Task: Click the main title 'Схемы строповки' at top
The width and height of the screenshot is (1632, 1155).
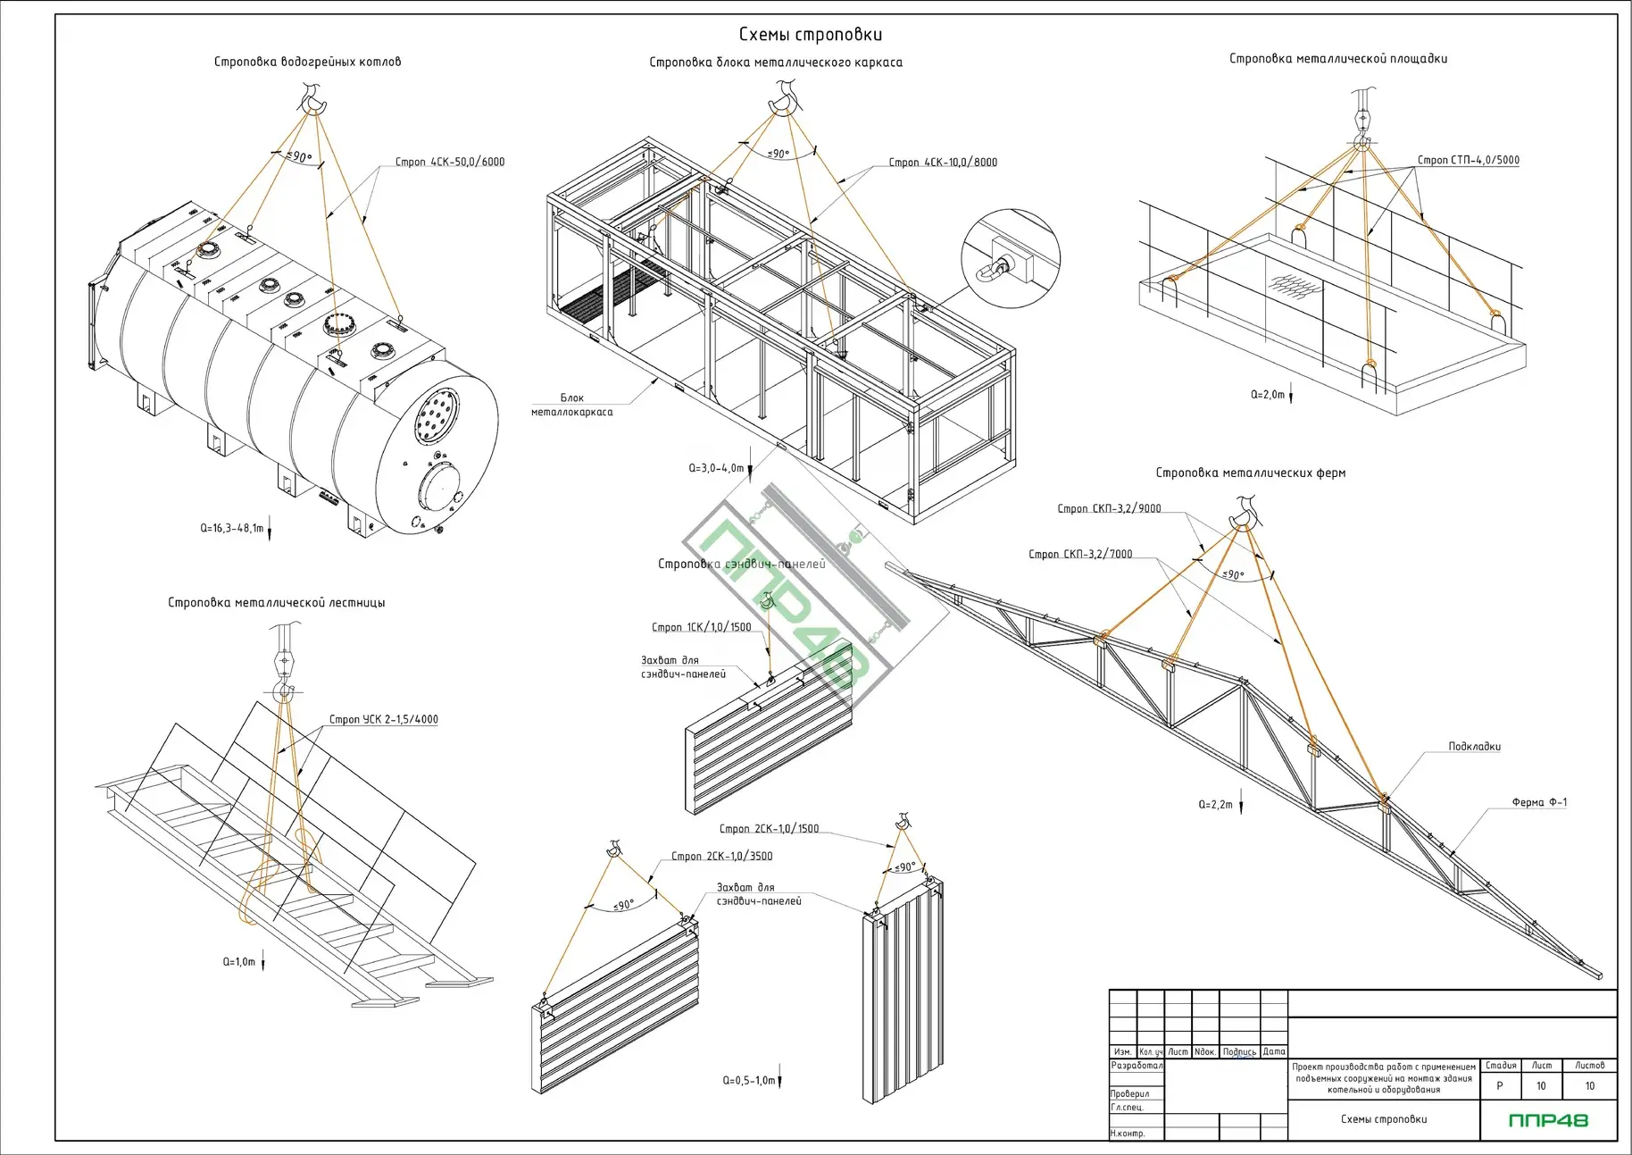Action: pos(810,35)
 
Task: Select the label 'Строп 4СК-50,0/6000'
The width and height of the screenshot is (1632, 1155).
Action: pos(450,162)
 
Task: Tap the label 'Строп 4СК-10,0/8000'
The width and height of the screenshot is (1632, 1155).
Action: pos(943,163)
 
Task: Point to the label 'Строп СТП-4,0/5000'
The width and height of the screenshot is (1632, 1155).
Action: pos(1468,161)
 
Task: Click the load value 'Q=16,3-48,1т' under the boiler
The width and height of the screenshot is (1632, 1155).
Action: pos(232,528)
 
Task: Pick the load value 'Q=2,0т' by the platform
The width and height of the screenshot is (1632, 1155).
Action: pos(1268,394)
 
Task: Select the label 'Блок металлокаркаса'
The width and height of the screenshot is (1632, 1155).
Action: pos(572,405)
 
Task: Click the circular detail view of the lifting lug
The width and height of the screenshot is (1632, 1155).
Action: pos(1010,259)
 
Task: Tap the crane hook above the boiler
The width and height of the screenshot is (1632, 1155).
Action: pos(312,98)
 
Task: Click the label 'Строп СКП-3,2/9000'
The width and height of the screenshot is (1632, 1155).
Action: pos(1109,508)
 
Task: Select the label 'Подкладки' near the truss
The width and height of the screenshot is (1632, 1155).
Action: pos(1474,746)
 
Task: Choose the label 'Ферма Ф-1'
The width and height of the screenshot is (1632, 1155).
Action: pos(1539,802)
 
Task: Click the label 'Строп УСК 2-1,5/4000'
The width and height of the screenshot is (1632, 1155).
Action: pos(383,719)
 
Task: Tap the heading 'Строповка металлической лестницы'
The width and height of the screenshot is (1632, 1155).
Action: pos(276,603)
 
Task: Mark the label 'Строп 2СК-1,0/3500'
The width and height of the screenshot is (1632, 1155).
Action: pos(721,856)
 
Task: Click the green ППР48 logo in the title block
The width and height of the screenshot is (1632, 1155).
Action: pos(1548,1120)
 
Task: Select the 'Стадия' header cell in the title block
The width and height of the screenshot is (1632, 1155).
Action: pos(1501,1065)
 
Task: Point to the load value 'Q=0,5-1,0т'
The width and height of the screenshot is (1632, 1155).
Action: pos(748,1080)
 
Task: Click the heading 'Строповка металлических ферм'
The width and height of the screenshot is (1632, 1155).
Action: pos(1250,473)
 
